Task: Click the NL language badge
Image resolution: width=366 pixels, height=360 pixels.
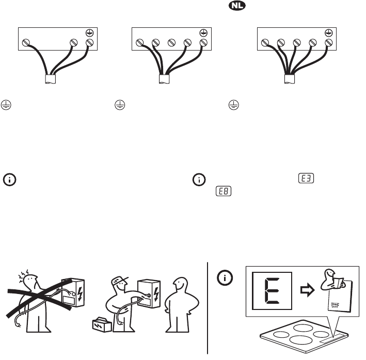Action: click(x=237, y=6)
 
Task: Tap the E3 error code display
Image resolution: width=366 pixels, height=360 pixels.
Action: click(x=306, y=178)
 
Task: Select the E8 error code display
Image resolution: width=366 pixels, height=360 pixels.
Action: click(x=224, y=191)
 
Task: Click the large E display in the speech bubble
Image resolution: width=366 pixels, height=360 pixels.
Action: click(x=272, y=291)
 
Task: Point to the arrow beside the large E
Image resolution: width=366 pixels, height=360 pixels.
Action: click(x=308, y=290)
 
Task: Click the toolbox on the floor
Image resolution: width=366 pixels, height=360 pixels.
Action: click(x=102, y=325)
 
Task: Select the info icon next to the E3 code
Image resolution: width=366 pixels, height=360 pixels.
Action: click(x=199, y=180)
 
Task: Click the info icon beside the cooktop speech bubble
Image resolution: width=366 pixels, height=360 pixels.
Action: click(x=225, y=277)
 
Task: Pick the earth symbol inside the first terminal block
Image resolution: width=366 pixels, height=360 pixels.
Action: click(x=90, y=33)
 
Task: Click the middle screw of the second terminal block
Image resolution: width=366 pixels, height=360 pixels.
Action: click(x=171, y=43)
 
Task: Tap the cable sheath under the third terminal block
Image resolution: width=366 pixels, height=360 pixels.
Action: click(x=290, y=79)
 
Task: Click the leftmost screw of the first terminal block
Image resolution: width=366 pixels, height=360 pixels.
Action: click(x=26, y=43)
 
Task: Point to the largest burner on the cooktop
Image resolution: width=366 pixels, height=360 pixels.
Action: click(x=301, y=340)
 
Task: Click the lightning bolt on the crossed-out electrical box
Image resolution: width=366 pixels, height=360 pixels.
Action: click(x=80, y=293)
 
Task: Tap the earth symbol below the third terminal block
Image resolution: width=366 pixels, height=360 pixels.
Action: click(x=234, y=105)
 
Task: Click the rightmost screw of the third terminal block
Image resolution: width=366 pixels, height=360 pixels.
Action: click(x=329, y=43)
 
